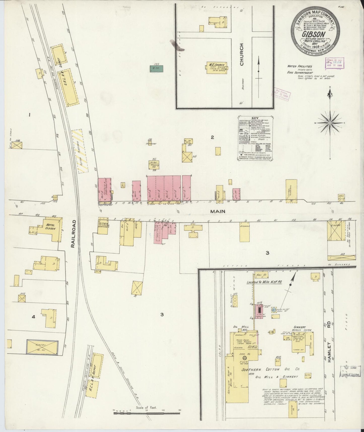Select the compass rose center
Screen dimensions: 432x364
coord(330,123)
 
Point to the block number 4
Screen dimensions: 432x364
coord(34,317)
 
